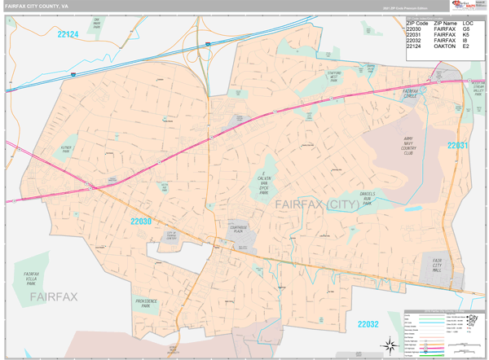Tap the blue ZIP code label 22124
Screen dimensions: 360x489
pos(68,34)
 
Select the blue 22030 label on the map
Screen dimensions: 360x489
pos(140,220)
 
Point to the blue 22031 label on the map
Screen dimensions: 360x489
pos(458,145)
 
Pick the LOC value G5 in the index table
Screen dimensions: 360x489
pos(466,29)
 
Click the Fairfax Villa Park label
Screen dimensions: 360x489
pos(32,278)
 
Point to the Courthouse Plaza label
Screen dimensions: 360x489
pos(238,230)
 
